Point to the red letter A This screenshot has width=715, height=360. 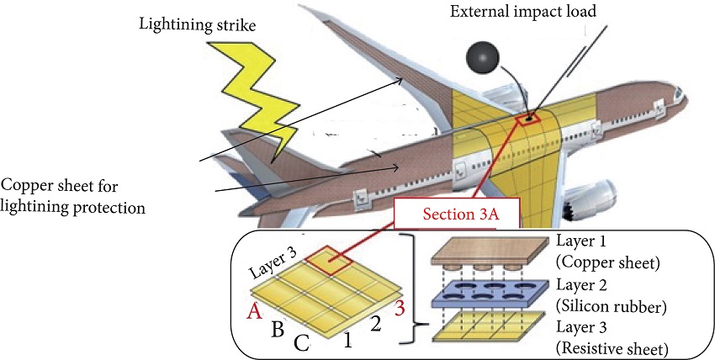click(x=250, y=311)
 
